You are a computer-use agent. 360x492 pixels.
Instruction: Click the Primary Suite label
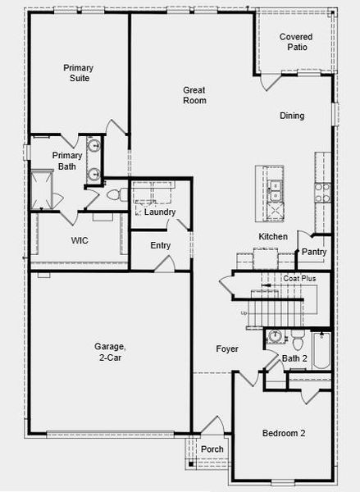(x=78, y=73)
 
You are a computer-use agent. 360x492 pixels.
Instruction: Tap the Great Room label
(x=194, y=95)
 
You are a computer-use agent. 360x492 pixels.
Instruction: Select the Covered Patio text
(x=296, y=42)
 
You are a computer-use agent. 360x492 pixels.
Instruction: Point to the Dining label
(x=291, y=116)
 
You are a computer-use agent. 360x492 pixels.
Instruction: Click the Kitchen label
(x=273, y=236)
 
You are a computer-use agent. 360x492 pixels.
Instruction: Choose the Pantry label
(x=314, y=252)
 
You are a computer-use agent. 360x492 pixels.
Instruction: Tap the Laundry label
(x=160, y=212)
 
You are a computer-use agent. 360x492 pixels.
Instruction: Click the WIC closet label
(x=80, y=240)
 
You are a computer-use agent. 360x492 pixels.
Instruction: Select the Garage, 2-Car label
(x=109, y=352)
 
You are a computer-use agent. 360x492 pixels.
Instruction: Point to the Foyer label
(x=227, y=349)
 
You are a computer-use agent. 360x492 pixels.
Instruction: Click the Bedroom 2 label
(x=284, y=433)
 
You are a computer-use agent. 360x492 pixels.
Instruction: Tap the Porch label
(x=212, y=449)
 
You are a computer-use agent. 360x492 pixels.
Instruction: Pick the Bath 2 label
(x=294, y=358)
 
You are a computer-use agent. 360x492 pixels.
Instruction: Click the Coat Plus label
(x=299, y=279)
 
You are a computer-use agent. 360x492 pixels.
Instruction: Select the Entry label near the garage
(x=160, y=245)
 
